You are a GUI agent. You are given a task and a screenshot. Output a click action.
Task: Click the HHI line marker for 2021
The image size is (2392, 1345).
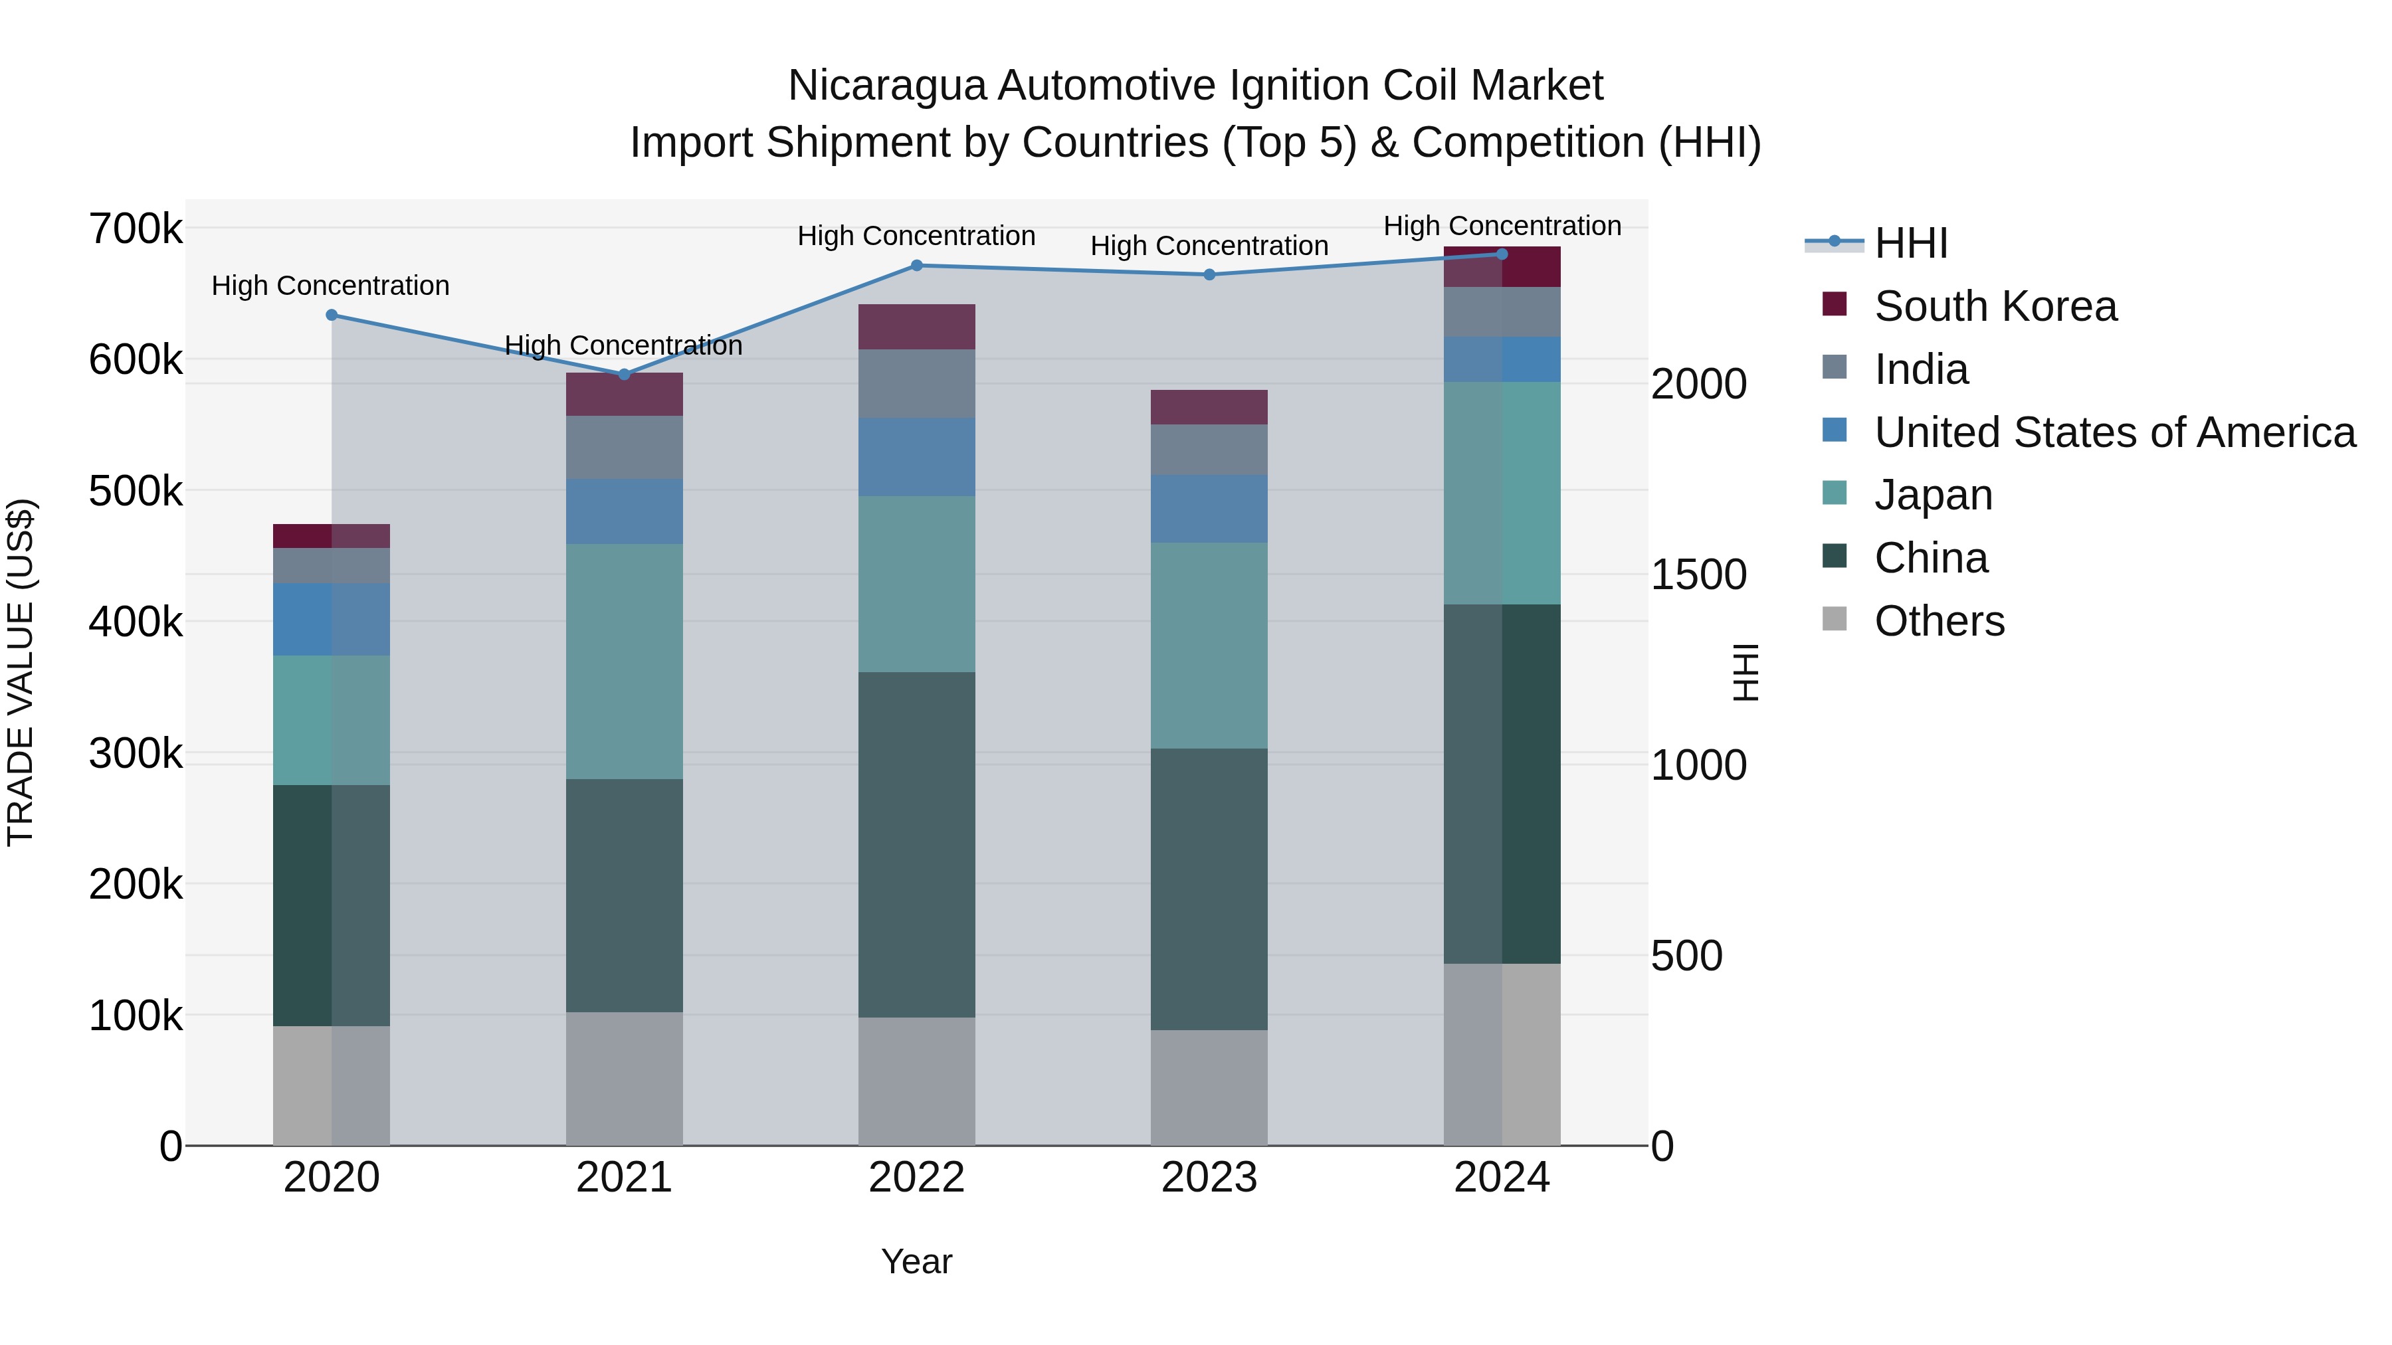624,374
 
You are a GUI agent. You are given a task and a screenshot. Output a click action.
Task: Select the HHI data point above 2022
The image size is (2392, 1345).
916,266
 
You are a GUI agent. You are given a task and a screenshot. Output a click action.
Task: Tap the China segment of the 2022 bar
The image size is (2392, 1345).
916,845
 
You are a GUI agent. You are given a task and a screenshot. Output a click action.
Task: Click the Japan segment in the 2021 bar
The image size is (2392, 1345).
624,661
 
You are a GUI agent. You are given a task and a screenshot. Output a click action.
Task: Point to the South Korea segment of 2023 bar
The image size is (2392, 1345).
1209,408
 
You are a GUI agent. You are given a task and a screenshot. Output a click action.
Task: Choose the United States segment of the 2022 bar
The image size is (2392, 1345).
916,457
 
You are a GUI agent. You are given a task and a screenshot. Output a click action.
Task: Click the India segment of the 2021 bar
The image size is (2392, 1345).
624,448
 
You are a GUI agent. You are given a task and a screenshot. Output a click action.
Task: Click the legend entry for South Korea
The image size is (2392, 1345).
1995,306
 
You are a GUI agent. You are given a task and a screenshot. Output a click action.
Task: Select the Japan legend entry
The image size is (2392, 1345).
1934,495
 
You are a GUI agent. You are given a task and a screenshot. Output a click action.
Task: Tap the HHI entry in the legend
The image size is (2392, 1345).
1910,243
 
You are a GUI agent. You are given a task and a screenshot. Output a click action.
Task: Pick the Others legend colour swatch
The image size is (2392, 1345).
1835,618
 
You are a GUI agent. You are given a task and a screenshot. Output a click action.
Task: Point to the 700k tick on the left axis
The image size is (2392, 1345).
136,228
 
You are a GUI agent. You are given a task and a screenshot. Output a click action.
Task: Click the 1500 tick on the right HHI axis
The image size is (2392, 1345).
1698,575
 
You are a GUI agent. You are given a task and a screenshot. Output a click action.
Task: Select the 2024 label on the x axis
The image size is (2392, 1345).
1502,1178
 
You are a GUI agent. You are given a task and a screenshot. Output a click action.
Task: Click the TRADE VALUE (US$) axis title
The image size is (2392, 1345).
21,672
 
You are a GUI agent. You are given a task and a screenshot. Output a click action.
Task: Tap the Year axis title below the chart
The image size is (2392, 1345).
916,1261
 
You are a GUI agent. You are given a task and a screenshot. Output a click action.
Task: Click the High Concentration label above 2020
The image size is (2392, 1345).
331,286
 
